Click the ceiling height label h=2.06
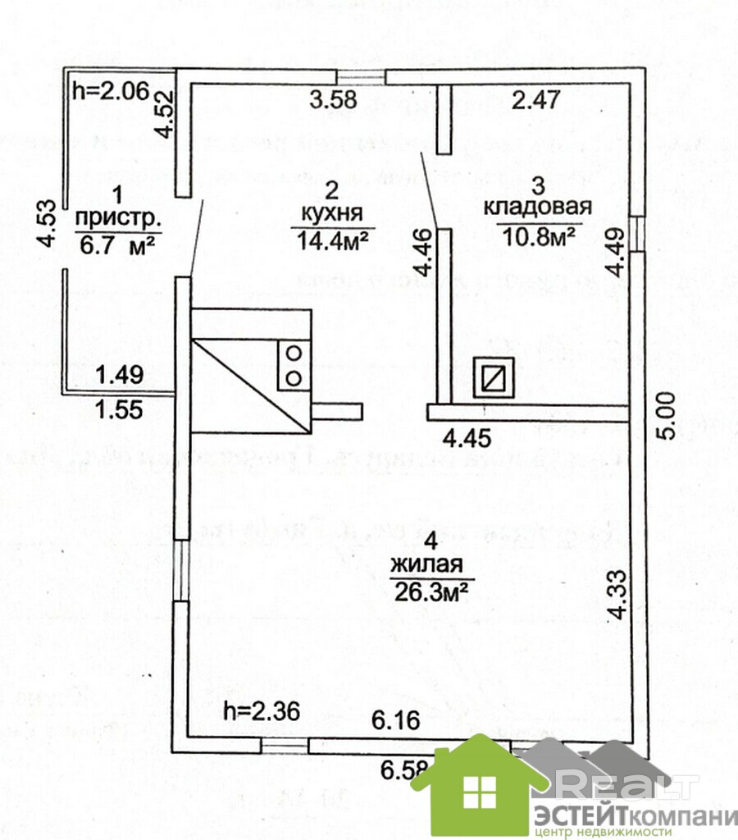point(109,89)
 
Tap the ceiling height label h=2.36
point(260,710)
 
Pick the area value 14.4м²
point(332,239)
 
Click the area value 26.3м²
point(430,591)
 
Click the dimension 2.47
point(535,102)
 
